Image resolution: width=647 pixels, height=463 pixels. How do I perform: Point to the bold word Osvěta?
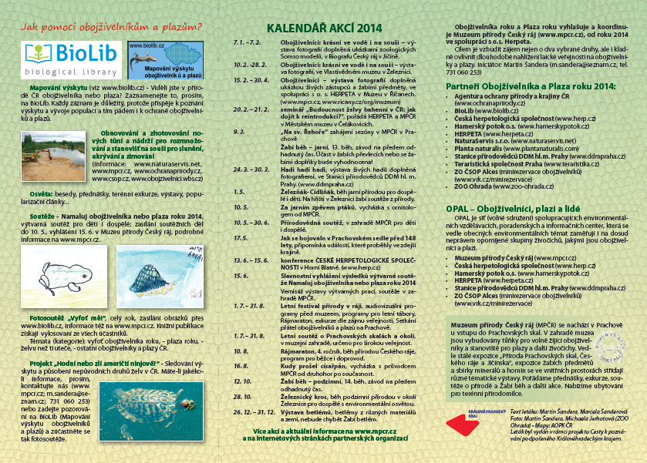pos(42,196)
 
